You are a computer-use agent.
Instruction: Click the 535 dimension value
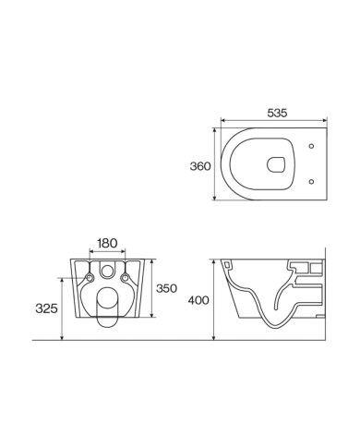click(x=278, y=113)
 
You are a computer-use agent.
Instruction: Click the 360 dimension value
click(x=200, y=166)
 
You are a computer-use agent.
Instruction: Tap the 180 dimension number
click(x=107, y=243)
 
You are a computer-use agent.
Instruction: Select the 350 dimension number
click(x=165, y=287)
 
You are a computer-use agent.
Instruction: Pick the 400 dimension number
click(x=198, y=300)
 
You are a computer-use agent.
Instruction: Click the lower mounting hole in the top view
click(x=313, y=180)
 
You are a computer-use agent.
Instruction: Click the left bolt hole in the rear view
click(x=89, y=278)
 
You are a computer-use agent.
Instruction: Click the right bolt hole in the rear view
click(x=125, y=278)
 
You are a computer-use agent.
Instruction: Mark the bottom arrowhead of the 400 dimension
click(x=214, y=338)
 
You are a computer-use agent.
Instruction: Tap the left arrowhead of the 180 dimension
click(x=90, y=252)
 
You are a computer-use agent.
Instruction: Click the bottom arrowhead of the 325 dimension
click(x=62, y=338)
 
